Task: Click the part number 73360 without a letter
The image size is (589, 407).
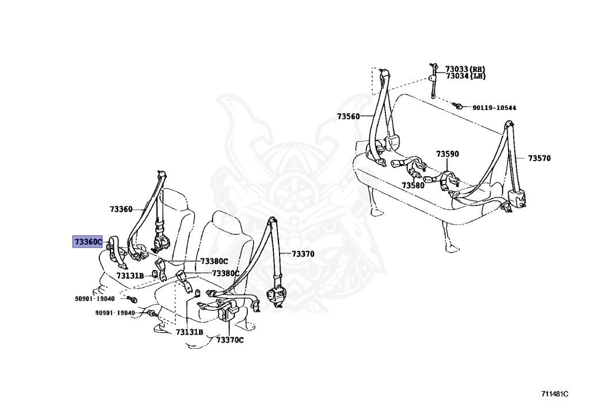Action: tap(121, 209)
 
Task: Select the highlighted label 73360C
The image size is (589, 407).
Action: tap(87, 242)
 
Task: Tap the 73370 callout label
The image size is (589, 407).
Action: tap(303, 253)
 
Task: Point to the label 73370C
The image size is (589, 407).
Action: tap(230, 340)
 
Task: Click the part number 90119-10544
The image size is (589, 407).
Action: tap(494, 108)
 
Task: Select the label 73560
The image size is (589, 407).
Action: tap(348, 116)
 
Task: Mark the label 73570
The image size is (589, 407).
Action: tap(540, 158)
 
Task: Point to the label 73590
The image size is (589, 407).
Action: tap(447, 154)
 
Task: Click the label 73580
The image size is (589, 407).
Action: tap(413, 185)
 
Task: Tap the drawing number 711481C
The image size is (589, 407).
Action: tap(554, 394)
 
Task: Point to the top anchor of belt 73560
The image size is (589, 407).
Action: tap(385, 74)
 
